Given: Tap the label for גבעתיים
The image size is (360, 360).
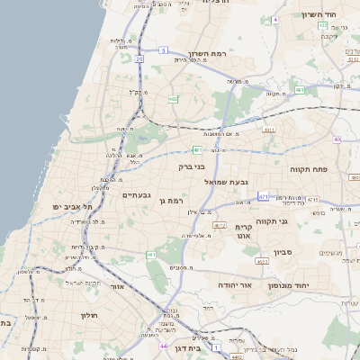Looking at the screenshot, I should (136, 194).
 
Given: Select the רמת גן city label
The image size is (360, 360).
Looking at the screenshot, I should (171, 201).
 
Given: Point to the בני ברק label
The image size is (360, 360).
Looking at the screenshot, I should (192, 166).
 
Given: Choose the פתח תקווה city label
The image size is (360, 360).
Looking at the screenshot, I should (308, 169).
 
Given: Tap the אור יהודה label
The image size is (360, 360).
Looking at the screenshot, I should (234, 284).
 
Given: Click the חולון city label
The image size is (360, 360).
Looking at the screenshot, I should (87, 315).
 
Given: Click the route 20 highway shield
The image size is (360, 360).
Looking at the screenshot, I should (139, 58).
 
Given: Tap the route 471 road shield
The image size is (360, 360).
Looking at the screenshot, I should (263, 196).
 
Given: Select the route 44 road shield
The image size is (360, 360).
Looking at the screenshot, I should (163, 346).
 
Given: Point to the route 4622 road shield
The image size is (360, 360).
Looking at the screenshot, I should (262, 262).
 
